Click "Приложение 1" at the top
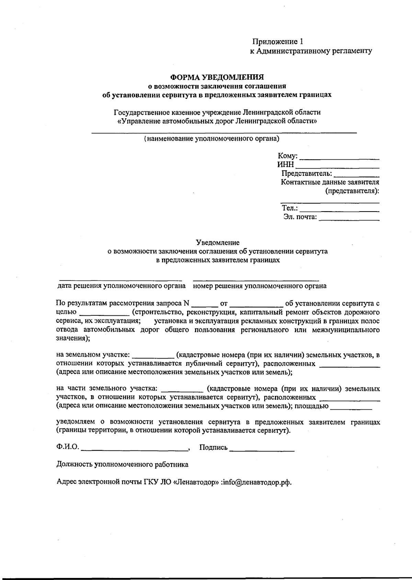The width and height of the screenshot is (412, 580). tap(278, 42)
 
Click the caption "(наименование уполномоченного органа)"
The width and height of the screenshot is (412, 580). tap(211, 139)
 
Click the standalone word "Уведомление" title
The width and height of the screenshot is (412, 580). tap(218, 243)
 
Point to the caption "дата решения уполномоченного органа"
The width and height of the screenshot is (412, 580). tap(122, 286)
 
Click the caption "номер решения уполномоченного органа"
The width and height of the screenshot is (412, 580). tap(260, 286)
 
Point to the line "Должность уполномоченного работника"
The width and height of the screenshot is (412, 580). tap(122, 465)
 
